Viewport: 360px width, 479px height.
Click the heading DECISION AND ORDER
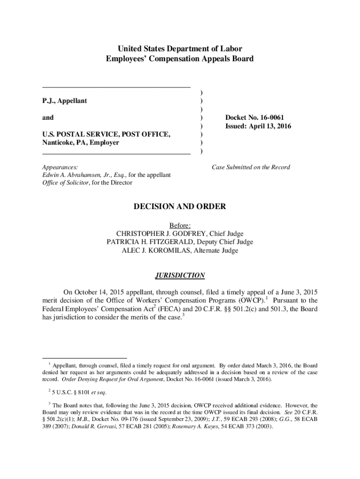pos(180,206)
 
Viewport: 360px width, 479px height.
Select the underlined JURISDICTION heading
pos(180,276)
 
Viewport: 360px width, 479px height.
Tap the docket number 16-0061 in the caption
pos(267,117)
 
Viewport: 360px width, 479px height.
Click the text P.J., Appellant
pos(65,101)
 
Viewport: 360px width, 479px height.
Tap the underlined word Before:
pos(180,225)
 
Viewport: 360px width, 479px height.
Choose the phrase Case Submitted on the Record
pos(251,167)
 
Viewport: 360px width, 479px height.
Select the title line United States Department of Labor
pos(180,49)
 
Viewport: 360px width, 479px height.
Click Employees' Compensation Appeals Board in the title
pos(180,59)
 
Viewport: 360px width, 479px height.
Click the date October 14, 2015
pos(94,291)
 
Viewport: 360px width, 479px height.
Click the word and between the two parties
pos(48,117)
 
